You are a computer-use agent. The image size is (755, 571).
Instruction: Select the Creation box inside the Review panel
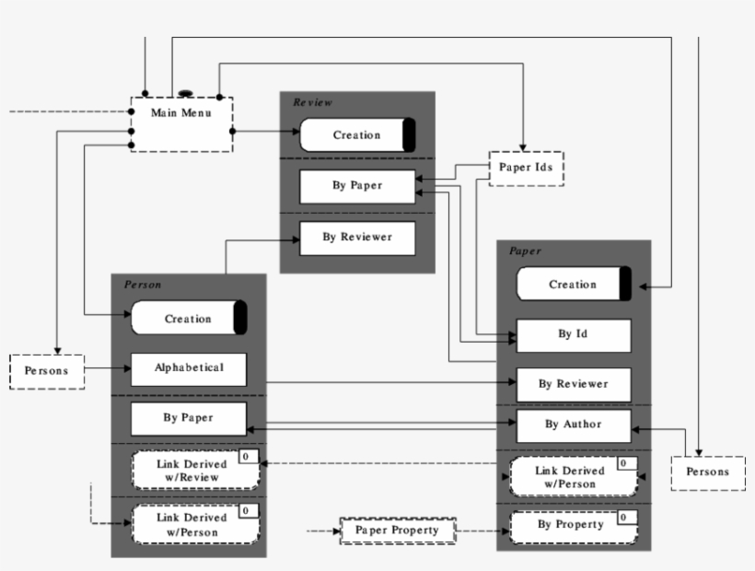click(357, 135)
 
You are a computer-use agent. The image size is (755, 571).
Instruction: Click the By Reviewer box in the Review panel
click(357, 238)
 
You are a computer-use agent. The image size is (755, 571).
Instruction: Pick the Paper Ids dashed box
click(526, 168)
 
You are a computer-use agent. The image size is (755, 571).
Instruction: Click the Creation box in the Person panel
click(189, 319)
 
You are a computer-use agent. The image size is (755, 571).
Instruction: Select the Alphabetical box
click(189, 368)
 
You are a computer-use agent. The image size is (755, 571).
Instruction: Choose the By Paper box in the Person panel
click(189, 418)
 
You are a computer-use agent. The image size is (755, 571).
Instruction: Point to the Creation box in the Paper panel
click(573, 285)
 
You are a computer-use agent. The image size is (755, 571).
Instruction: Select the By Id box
click(573, 335)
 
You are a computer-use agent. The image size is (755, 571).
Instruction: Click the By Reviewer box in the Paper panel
click(573, 384)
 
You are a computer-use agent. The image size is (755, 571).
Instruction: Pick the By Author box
click(573, 425)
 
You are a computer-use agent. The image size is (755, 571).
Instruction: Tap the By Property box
click(571, 525)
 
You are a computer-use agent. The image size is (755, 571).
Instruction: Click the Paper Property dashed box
click(398, 531)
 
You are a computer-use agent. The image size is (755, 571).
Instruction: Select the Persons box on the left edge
click(47, 371)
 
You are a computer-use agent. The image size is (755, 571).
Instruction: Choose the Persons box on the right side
click(707, 472)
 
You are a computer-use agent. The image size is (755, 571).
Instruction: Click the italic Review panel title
click(313, 102)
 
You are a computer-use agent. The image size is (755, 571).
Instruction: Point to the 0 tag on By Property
click(625, 518)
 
